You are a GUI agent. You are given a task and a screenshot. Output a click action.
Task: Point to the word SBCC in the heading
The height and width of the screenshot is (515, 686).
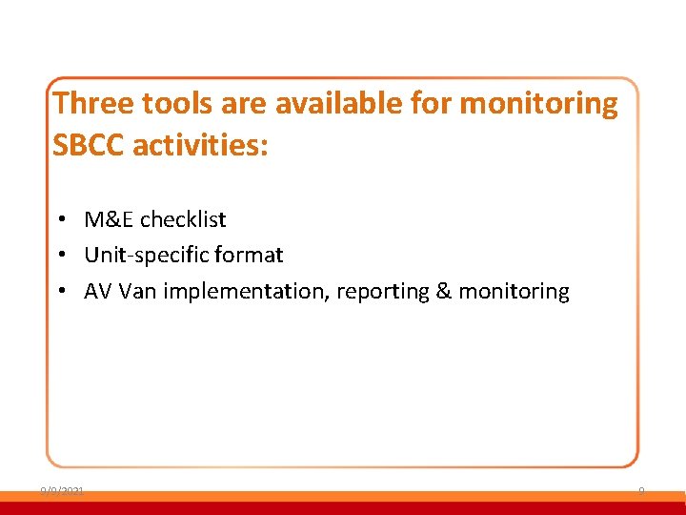(x=89, y=146)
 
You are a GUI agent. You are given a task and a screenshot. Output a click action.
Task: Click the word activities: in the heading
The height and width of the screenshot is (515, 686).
(x=201, y=146)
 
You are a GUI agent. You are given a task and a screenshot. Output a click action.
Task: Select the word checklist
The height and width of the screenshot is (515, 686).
(x=183, y=219)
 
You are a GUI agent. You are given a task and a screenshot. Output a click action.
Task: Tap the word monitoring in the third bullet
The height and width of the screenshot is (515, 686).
(x=514, y=291)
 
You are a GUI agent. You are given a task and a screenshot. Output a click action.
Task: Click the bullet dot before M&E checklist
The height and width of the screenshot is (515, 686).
(x=59, y=220)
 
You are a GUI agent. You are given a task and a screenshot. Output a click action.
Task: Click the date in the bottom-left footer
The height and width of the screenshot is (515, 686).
(x=62, y=490)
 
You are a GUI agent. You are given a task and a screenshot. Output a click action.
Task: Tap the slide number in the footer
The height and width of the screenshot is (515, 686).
(x=641, y=490)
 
